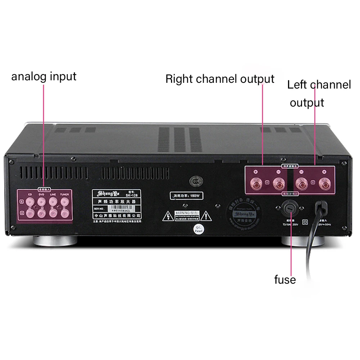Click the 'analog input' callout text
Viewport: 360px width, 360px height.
44,76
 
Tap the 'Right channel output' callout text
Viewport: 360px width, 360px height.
220,79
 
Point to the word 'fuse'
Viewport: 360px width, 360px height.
285,280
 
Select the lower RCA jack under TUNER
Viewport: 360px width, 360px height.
64,214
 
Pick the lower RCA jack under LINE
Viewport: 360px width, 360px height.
53,214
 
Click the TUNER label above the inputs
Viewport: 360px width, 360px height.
64,194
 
